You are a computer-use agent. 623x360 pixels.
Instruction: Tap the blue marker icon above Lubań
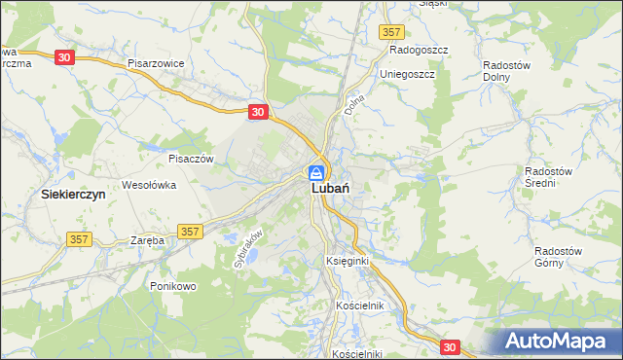[x=317, y=172]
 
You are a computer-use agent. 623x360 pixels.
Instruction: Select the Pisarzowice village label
[x=156, y=62]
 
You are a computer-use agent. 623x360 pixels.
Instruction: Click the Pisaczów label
[x=190, y=158]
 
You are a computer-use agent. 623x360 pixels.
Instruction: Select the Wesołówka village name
[x=147, y=184]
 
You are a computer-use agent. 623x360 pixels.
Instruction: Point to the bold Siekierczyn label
[x=72, y=195]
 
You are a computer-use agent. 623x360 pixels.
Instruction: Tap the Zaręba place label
[x=146, y=239]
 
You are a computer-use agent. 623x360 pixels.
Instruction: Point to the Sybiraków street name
[x=249, y=248]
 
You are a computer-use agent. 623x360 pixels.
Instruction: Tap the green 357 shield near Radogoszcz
[x=391, y=32]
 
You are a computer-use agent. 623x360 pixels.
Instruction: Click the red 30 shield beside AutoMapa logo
[x=448, y=346]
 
